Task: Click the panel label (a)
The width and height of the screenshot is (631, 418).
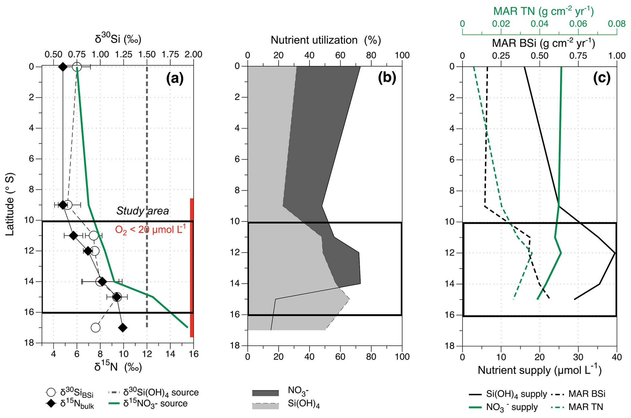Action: (175, 78)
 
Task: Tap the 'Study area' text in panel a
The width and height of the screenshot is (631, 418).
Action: (142, 211)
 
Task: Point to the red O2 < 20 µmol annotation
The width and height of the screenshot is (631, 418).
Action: (150, 229)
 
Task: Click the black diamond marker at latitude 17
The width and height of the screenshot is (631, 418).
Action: (123, 328)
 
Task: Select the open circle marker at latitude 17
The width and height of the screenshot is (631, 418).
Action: (96, 328)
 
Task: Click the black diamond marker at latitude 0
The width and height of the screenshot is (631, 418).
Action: (63, 67)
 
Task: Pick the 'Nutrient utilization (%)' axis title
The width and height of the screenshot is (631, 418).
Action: (325, 40)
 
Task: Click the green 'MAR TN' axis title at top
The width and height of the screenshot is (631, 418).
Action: (543, 11)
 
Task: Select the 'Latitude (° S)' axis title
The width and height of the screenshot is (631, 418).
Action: (10, 204)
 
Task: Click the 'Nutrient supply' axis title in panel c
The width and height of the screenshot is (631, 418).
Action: (539, 370)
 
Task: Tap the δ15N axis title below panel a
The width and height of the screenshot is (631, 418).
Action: (118, 367)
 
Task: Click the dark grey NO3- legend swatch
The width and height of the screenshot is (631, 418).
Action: (265, 393)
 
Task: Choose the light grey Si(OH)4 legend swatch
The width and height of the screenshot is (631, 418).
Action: (265, 406)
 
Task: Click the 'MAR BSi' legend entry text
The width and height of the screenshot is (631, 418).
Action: (587, 394)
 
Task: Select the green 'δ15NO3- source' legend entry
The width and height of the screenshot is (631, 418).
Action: (155, 404)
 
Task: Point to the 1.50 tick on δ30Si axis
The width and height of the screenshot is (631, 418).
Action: (147, 55)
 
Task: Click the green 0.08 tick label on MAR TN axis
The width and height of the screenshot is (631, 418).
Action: (617, 24)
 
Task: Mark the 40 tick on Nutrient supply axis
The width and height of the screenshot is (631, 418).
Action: (617, 357)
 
